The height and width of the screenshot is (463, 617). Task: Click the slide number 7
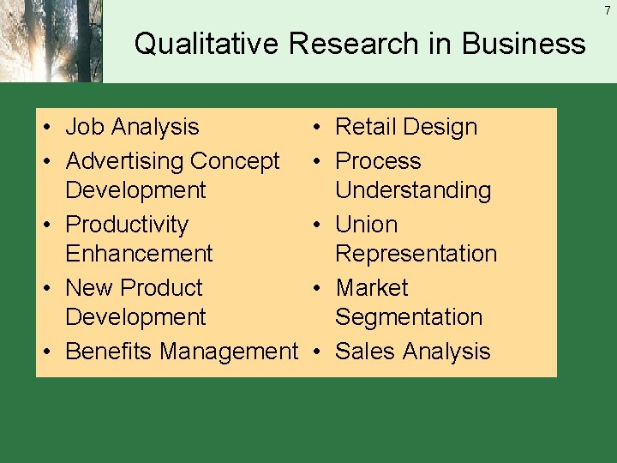pyautogui.click(x=607, y=10)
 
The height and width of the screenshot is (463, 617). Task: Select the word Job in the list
pyautogui.click(x=82, y=127)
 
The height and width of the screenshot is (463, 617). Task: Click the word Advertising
pyautogui.click(x=124, y=161)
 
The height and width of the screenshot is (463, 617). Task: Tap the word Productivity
pyautogui.click(x=127, y=225)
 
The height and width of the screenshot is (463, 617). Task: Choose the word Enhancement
pyautogui.click(x=139, y=254)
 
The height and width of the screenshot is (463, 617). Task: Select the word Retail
pyautogui.click(x=369, y=127)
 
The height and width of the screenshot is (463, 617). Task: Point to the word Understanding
pyautogui.click(x=413, y=190)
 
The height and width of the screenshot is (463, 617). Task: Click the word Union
pyautogui.click(x=367, y=225)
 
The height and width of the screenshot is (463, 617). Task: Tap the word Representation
pyautogui.click(x=416, y=254)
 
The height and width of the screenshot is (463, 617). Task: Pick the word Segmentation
pyautogui.click(x=409, y=317)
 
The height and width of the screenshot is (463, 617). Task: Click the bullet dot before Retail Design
pyautogui.click(x=317, y=128)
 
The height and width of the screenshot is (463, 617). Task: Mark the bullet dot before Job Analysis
pyautogui.click(x=48, y=128)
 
